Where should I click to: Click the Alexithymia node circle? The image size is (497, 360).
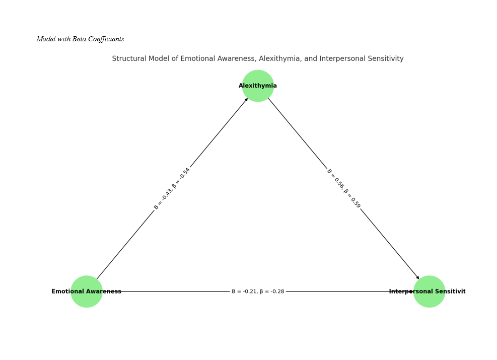[x=258, y=86]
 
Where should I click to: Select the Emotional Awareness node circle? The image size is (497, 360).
[x=86, y=292]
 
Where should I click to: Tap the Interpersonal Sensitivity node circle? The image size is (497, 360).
[x=429, y=292]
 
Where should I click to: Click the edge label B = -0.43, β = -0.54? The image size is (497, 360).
[x=172, y=188]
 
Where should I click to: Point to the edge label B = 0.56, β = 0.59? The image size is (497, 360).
[x=344, y=188]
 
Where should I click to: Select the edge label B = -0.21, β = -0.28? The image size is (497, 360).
[x=258, y=292]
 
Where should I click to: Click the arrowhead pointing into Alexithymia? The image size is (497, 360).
[x=246, y=99]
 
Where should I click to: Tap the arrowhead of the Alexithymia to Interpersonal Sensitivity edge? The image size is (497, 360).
[x=417, y=277]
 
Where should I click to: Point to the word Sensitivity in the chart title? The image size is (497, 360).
[x=385, y=59]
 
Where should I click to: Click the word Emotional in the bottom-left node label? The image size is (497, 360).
[x=67, y=292]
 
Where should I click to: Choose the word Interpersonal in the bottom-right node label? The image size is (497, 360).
[x=408, y=292]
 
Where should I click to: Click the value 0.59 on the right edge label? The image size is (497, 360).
[x=356, y=202]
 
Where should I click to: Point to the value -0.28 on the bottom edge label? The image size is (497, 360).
[x=277, y=292]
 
